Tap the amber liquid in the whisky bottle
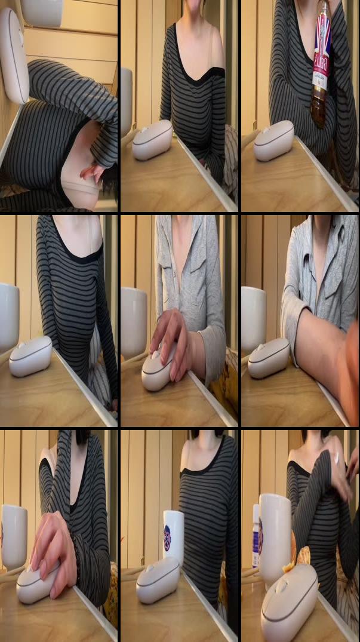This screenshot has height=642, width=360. pyautogui.click(x=319, y=107)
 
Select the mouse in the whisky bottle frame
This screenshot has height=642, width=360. pyautogui.click(x=273, y=141)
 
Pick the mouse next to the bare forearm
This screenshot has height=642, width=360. pyautogui.click(x=268, y=358)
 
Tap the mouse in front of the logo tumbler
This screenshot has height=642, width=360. pyautogui.click(x=158, y=580)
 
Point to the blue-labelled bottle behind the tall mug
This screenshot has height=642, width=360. pyautogui.click(x=256, y=535)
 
